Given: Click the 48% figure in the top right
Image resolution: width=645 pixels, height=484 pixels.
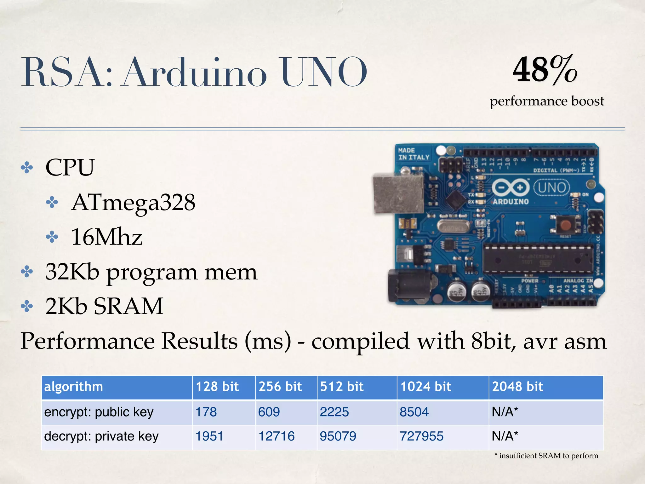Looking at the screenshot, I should [x=545, y=69].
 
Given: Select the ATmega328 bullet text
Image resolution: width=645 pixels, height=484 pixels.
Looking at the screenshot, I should [x=133, y=202].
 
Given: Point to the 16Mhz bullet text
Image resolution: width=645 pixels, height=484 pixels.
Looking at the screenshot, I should [x=106, y=237].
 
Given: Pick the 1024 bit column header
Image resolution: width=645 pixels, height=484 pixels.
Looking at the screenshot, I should [x=425, y=387].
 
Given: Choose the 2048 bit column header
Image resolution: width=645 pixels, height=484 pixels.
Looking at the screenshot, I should [x=517, y=387].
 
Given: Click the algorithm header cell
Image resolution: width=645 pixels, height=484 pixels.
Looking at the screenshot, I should [x=74, y=387].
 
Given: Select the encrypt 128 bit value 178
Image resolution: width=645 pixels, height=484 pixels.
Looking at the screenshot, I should [x=206, y=412].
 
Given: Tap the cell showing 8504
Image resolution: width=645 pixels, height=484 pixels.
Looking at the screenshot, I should [x=414, y=412].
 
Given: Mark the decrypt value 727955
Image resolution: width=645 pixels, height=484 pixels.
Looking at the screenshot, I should [x=421, y=436].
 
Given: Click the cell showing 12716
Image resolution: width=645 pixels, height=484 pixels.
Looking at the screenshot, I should [x=276, y=436].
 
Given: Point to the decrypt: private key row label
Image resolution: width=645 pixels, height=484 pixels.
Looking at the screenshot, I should [x=101, y=436].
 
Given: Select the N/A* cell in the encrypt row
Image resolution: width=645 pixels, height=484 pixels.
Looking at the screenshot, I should [x=505, y=412].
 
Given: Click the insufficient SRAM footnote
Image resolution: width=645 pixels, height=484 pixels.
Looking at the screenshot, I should [x=546, y=456].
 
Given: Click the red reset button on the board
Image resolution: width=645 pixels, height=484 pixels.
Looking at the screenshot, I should [x=566, y=225].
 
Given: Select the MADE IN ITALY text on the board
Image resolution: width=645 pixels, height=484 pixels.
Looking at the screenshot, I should [x=414, y=154].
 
